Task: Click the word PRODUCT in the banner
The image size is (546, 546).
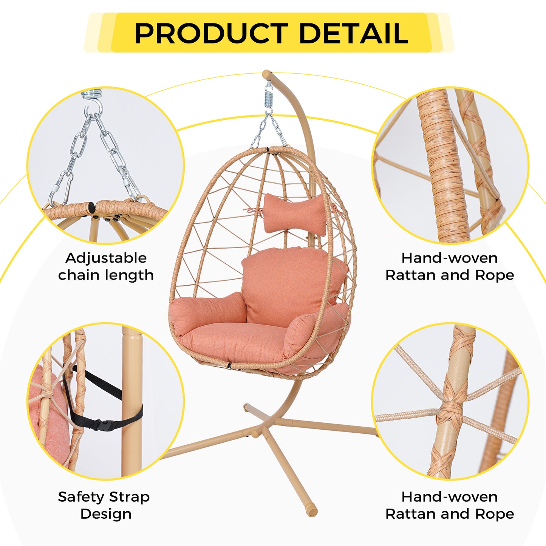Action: tap(211, 33)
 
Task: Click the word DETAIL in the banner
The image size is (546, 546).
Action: tap(354, 33)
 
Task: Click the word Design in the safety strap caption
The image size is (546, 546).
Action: tap(106, 514)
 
